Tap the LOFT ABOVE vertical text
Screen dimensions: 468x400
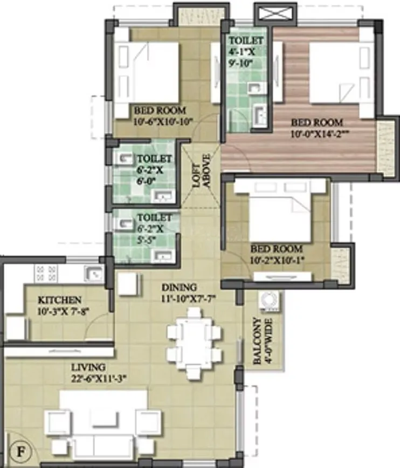point(201,172)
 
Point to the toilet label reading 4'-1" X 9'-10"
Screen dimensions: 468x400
point(246,52)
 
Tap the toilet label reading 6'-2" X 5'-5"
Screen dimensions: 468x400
point(154,228)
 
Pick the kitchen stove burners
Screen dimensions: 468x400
point(45,271)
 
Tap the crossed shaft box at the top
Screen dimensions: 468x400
point(275,13)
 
